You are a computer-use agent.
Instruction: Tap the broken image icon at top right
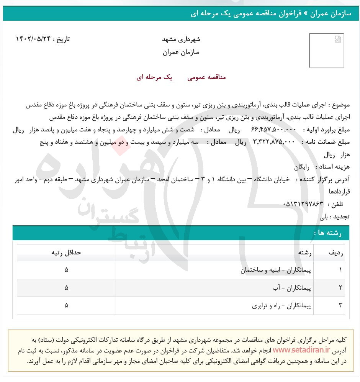[x=337, y=39]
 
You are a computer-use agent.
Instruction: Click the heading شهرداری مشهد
[x=182, y=39]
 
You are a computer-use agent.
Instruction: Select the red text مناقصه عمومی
[x=206, y=77]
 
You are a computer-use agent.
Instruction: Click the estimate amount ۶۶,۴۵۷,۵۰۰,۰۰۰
[x=274, y=130]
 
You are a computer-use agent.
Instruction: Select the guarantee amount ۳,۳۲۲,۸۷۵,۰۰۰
[x=274, y=142]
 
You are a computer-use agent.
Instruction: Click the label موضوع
[x=339, y=105]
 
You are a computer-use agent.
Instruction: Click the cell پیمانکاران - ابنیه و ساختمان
[x=276, y=270]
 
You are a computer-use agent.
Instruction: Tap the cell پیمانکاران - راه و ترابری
[x=282, y=306]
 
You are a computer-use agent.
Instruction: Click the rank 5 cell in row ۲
[x=67, y=288]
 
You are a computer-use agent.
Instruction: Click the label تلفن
[x=340, y=204]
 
